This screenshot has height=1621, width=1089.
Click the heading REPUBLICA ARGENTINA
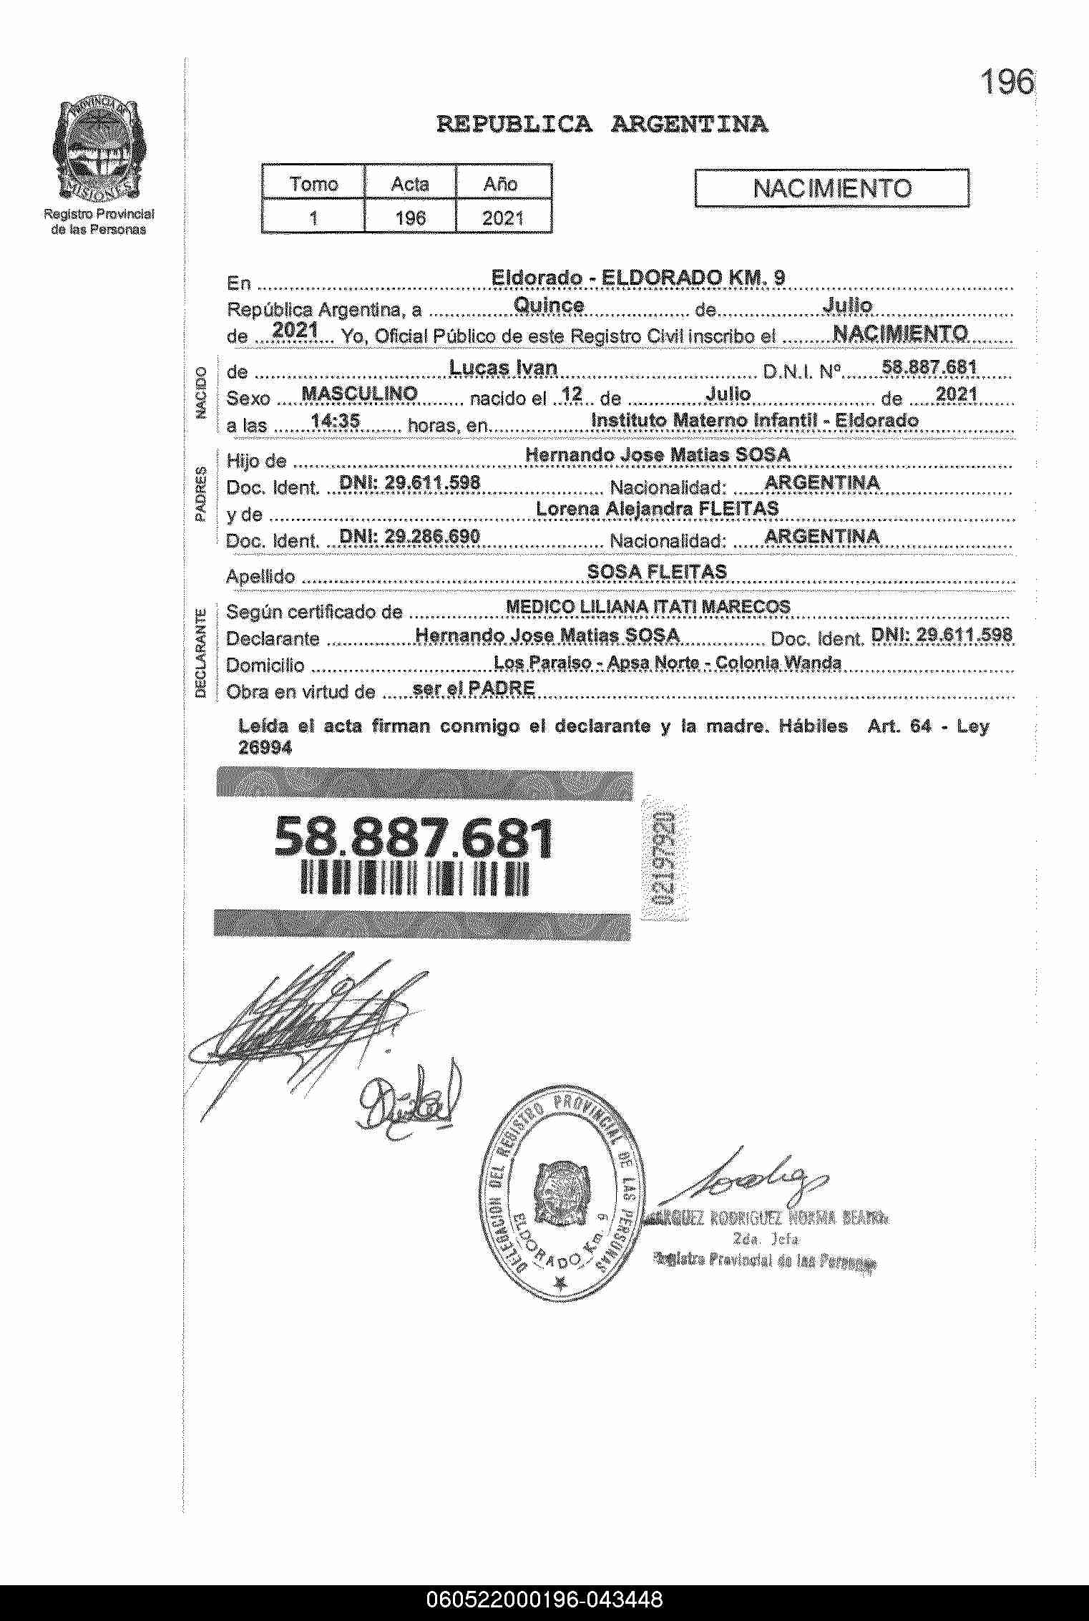602,125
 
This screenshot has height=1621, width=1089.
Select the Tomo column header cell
313,184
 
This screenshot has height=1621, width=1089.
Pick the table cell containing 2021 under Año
502,218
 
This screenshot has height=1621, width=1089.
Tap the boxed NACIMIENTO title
832,188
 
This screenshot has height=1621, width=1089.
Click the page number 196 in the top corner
1007,82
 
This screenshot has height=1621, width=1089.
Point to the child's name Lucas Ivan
503,368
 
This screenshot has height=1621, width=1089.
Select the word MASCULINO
360,393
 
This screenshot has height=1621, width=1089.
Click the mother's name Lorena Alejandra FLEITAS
657,509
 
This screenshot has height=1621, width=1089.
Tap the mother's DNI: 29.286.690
409,536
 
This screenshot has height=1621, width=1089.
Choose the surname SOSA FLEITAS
657,571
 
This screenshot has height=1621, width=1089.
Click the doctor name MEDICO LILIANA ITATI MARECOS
648,607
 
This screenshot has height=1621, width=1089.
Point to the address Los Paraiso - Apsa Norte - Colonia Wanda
667,663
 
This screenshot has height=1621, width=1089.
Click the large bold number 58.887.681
414,837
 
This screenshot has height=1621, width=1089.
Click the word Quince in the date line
549,305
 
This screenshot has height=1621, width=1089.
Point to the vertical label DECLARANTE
201,652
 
